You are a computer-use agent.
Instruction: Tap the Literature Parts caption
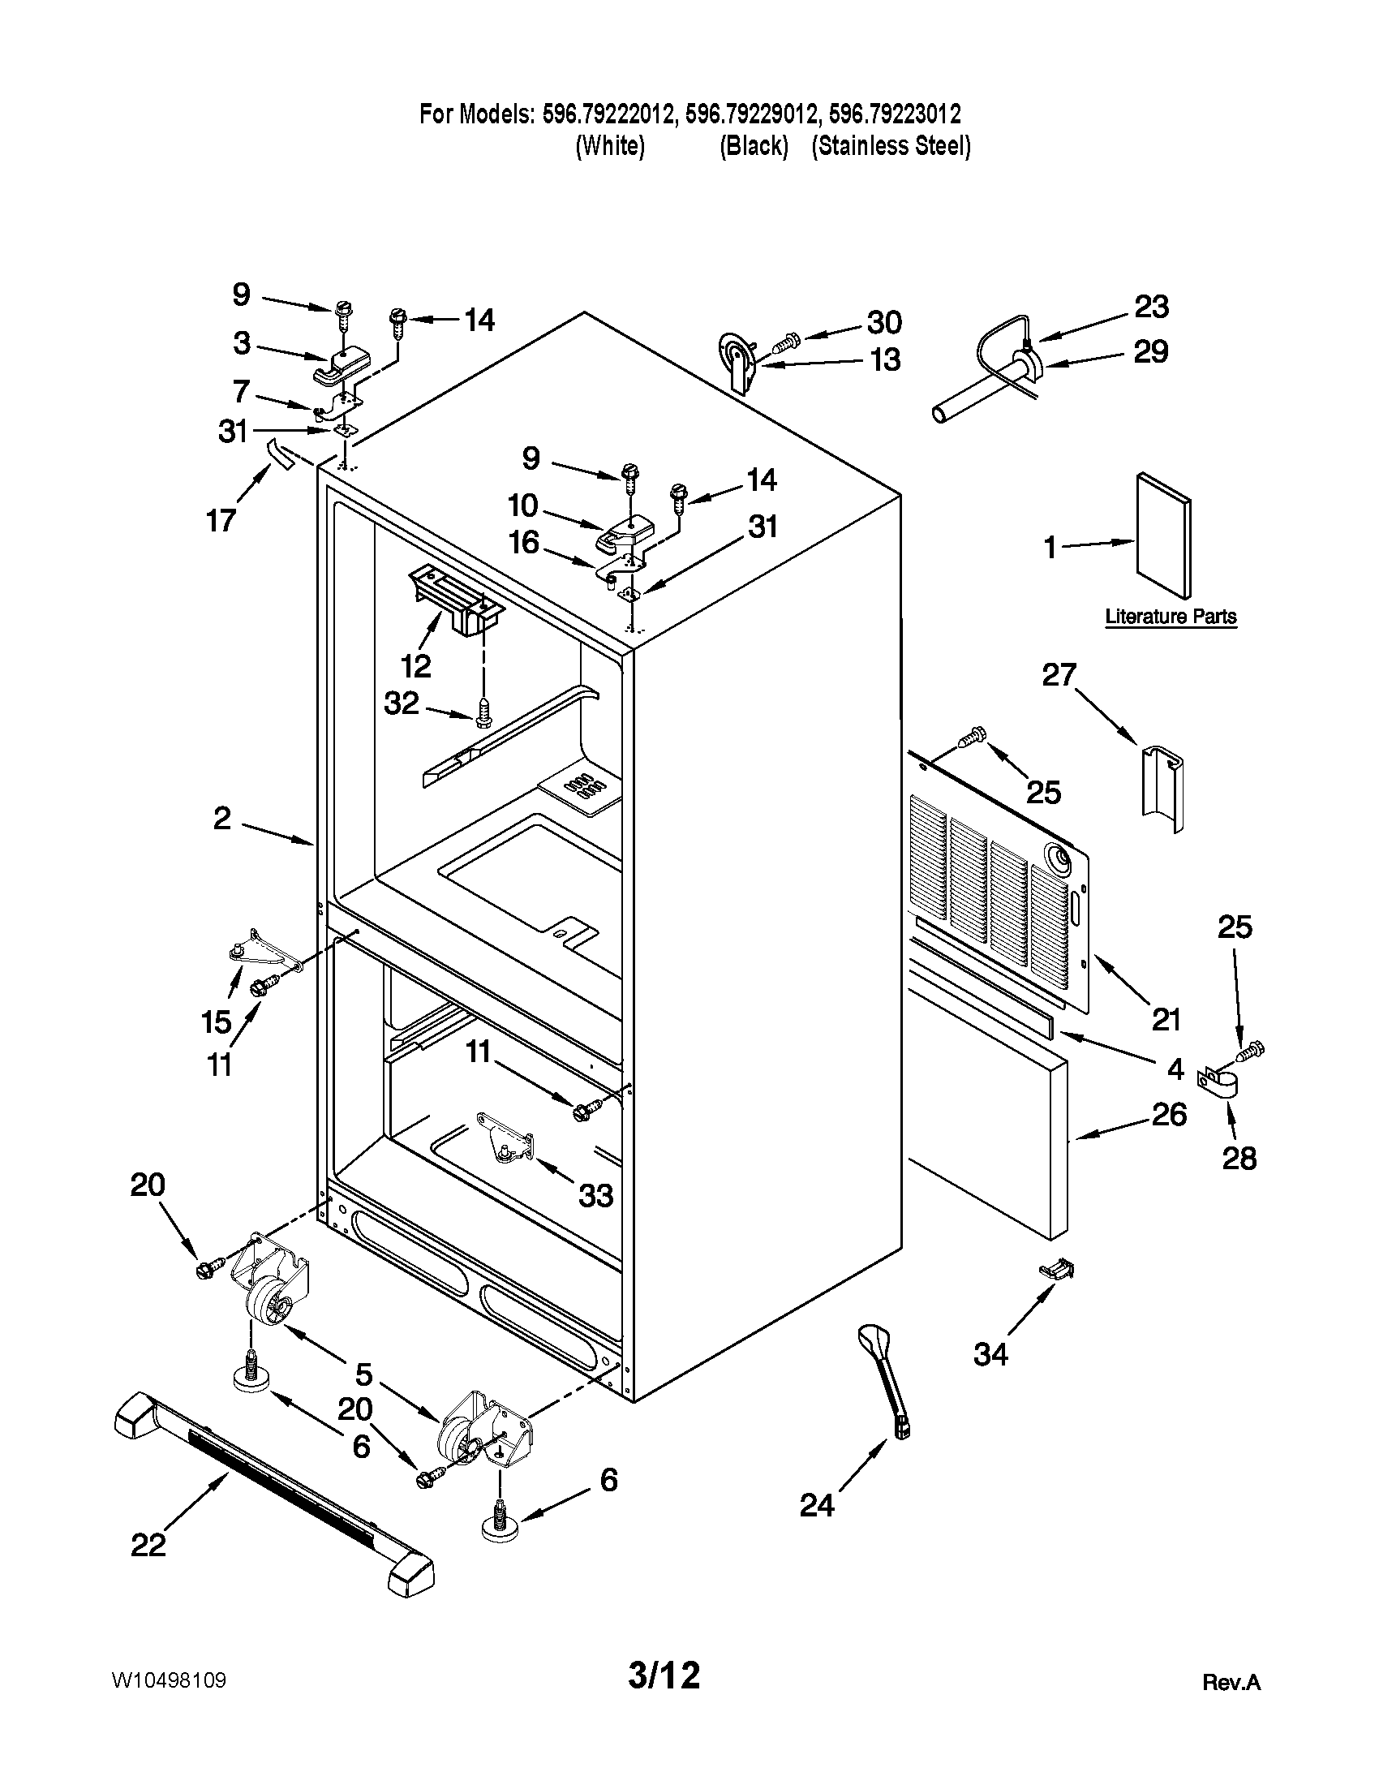[1170, 617]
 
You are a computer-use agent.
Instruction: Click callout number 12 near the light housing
[416, 666]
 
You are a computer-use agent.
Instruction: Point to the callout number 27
[1059, 675]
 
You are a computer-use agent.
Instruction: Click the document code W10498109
[169, 1680]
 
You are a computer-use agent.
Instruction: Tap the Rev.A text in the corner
[1231, 1682]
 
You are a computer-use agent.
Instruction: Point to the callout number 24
[817, 1504]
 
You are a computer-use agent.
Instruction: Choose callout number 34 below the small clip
[990, 1354]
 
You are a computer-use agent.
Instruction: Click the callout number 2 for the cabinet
[222, 818]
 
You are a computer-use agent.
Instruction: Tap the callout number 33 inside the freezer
[595, 1196]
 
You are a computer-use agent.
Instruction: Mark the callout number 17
[221, 520]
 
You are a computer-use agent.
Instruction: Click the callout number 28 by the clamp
[1239, 1158]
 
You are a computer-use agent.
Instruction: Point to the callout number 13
[886, 359]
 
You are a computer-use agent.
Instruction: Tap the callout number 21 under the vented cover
[1166, 1019]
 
